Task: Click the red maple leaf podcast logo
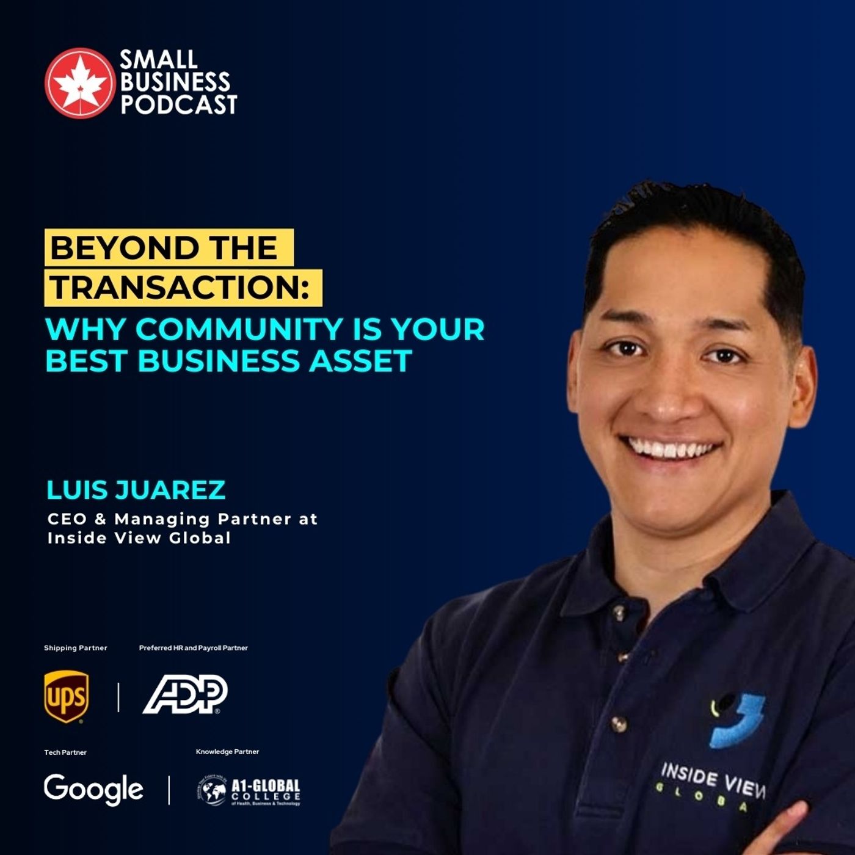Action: coord(79,82)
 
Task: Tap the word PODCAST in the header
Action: coord(178,104)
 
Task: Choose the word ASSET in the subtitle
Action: coord(360,360)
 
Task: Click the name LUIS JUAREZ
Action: coord(136,490)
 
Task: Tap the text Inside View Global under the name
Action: coord(139,538)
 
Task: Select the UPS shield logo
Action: coord(66,696)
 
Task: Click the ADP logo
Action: coord(185,694)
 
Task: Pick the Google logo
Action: coord(93,789)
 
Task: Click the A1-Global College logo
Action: coord(249,791)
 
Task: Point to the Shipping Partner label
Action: coord(75,648)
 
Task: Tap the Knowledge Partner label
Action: coord(227,752)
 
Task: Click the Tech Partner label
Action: coord(65,752)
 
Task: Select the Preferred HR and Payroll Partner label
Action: coord(193,648)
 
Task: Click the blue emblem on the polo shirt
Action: coord(738,721)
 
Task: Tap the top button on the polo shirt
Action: coord(619,611)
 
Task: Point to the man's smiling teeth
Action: coord(671,449)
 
